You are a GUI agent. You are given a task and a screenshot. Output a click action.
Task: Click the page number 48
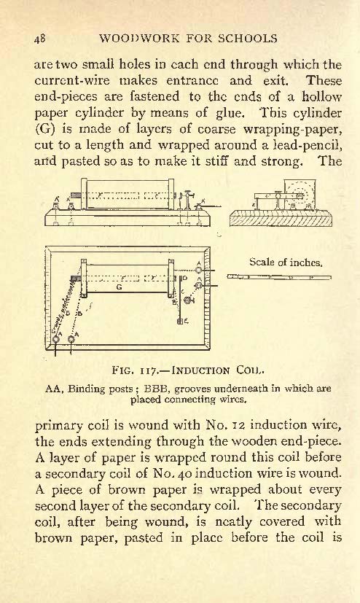[40, 39]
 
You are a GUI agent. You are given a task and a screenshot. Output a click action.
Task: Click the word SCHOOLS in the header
[248, 39]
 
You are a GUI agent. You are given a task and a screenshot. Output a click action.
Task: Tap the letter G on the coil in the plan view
[119, 287]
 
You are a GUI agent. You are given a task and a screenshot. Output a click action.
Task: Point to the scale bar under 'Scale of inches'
[279, 276]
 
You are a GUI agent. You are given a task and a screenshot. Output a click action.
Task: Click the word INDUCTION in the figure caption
[201, 370]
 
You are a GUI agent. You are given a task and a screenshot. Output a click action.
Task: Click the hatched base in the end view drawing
[281, 219]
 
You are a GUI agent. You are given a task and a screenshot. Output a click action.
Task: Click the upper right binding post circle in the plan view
[199, 271]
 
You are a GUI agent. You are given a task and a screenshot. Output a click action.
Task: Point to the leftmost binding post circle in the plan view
[56, 339]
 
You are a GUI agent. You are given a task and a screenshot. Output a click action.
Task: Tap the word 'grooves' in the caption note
[192, 389]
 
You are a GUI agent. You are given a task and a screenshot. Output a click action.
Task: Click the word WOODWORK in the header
[139, 39]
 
